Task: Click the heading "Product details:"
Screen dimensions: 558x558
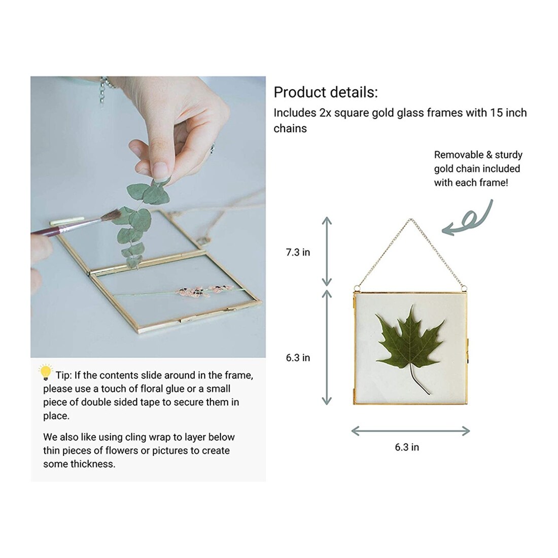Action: pos(326,92)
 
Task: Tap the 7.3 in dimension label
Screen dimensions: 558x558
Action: pos(298,252)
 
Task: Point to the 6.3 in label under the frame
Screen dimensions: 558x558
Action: pos(407,447)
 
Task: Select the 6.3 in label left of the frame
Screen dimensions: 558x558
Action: pos(298,358)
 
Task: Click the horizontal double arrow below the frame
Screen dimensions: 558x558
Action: pos(410,431)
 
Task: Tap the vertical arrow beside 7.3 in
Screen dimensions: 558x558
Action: pos(327,252)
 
